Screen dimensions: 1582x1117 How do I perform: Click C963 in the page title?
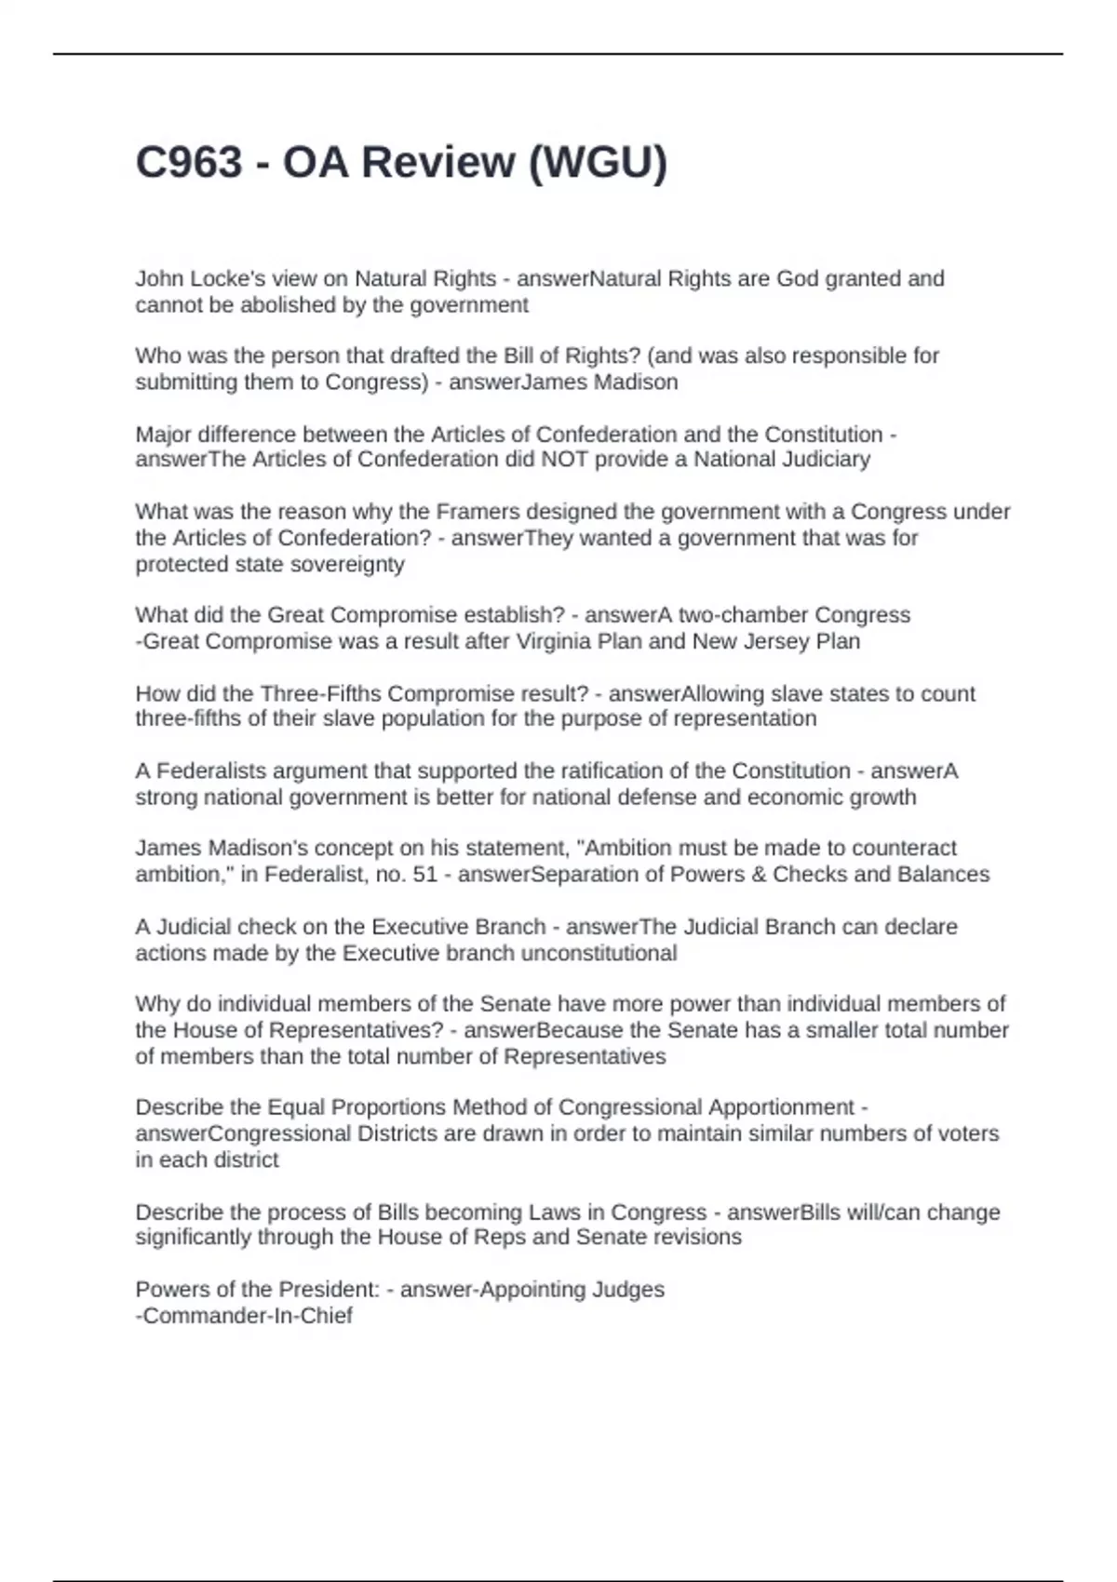coord(189,163)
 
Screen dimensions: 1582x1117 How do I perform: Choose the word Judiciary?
coord(825,460)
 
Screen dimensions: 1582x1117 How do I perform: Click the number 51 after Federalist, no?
coord(424,875)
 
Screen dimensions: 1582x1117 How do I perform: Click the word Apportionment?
coord(781,1107)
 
